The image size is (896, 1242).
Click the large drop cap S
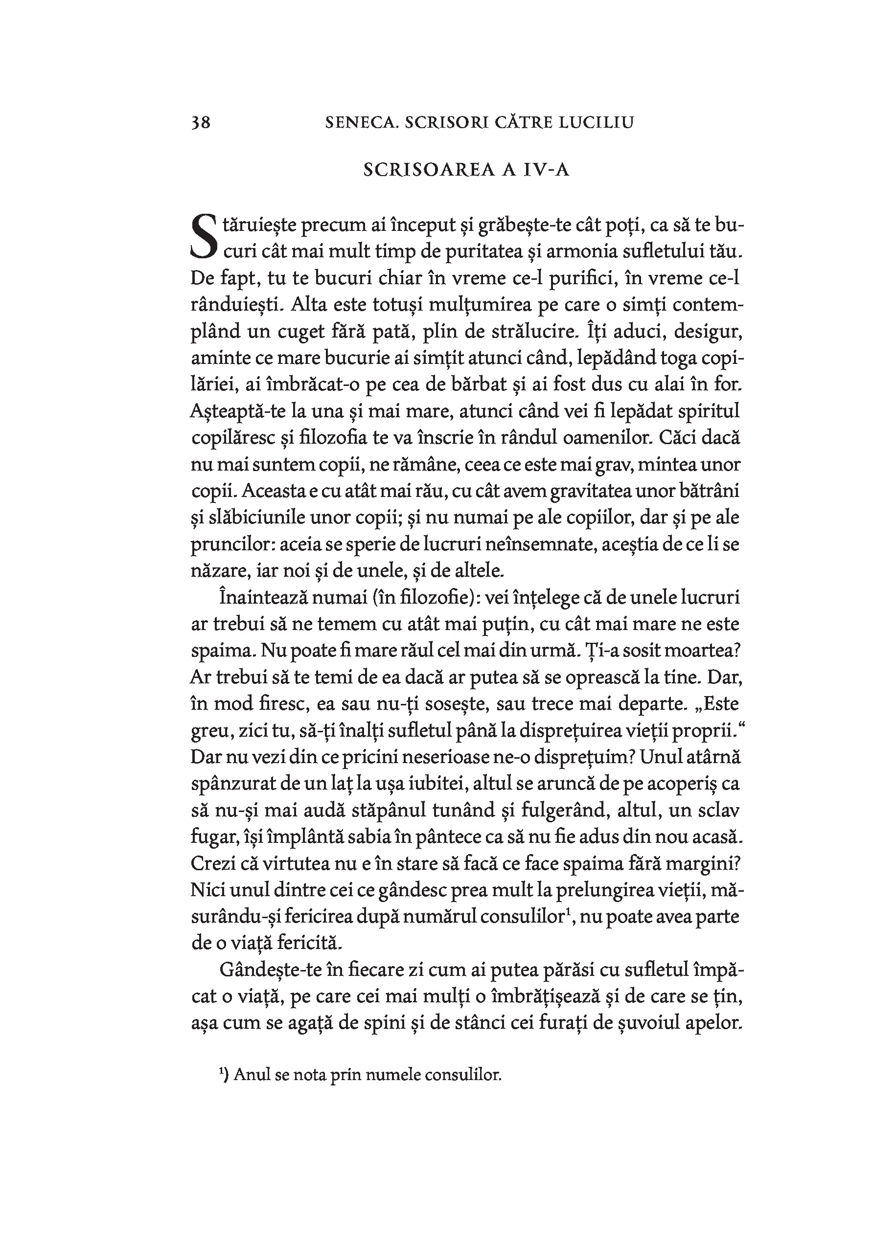204,237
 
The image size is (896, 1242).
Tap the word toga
660,358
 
